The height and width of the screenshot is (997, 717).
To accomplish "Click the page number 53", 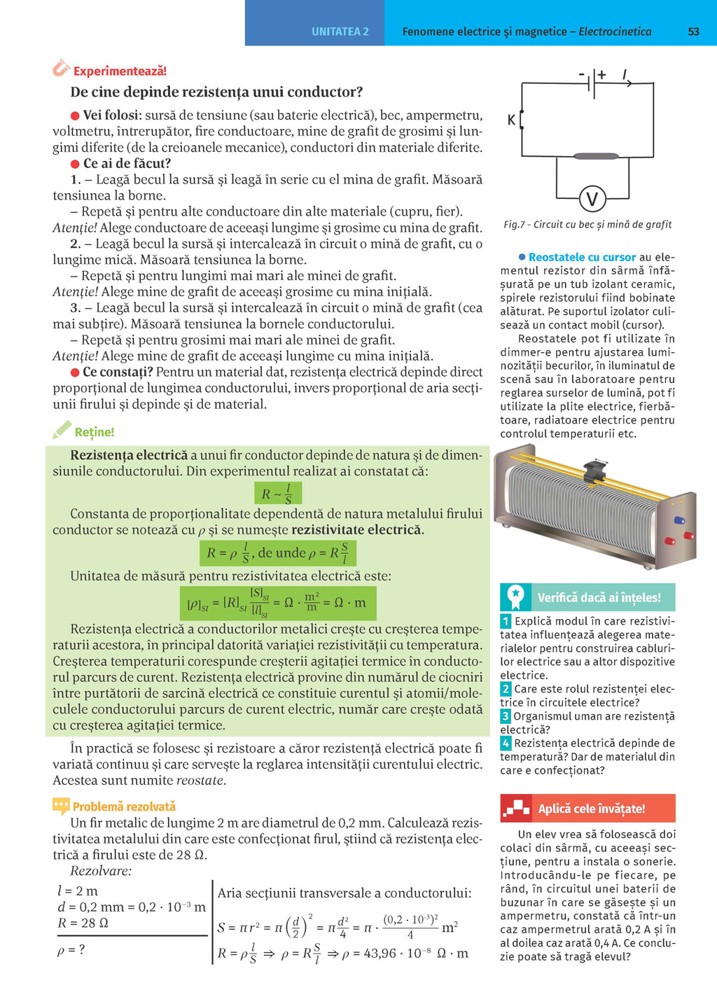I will [x=693, y=32].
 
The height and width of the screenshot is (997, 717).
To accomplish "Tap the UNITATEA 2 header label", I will [x=340, y=32].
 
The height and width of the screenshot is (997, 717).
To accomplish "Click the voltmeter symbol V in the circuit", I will [x=592, y=200].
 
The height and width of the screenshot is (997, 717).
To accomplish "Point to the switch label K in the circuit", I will [x=511, y=120].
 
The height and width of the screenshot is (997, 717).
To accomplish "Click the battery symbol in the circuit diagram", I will [x=593, y=83].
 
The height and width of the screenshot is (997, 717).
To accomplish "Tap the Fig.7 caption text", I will [x=587, y=225].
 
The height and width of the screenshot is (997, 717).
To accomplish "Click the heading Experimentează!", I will [x=120, y=71].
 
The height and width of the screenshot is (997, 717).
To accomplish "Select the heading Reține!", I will [x=94, y=432].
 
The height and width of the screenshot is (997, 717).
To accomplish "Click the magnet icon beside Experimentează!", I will [x=61, y=69].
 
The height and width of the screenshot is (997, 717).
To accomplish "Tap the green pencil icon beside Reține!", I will [x=62, y=430].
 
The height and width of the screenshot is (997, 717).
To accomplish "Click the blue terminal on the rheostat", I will [x=678, y=520].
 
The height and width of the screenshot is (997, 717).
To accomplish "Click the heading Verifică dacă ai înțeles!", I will [x=599, y=597].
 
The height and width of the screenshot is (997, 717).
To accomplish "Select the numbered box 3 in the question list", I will [x=506, y=716].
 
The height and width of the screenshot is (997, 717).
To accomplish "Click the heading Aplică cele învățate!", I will [x=591, y=809].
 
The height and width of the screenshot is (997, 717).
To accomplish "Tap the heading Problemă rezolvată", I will [x=124, y=807].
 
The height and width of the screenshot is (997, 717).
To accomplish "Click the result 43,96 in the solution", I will [x=382, y=953].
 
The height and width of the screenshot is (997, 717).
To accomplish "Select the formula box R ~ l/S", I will [x=278, y=494].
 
